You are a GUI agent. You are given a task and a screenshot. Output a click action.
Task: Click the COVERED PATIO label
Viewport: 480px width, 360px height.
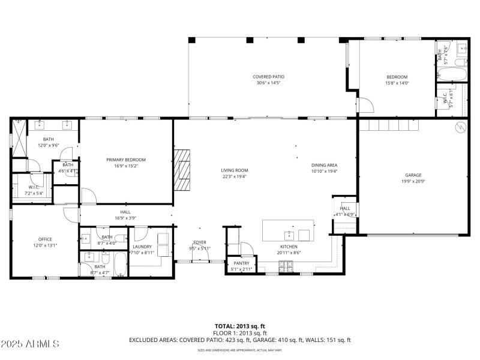[x=268, y=77]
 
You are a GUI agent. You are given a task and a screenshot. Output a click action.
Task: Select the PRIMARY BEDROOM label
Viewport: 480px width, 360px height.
[x=126, y=160]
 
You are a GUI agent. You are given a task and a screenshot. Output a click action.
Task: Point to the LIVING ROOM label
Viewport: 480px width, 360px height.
[x=234, y=170]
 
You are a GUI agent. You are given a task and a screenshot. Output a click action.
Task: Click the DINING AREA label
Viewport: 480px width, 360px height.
[x=324, y=165]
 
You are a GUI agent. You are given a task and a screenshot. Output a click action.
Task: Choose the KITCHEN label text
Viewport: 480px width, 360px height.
[x=289, y=247]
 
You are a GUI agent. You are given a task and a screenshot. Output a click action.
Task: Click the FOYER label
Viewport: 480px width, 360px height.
[x=200, y=242]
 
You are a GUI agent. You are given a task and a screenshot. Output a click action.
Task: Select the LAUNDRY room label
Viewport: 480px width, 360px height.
[x=142, y=247]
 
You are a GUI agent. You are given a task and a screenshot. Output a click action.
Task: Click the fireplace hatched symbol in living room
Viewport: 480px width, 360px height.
[x=182, y=170]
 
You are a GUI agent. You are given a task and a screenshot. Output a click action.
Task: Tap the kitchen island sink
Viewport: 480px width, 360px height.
[x=289, y=233]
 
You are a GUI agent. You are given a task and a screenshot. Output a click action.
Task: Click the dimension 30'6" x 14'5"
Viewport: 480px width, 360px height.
[x=268, y=83]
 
